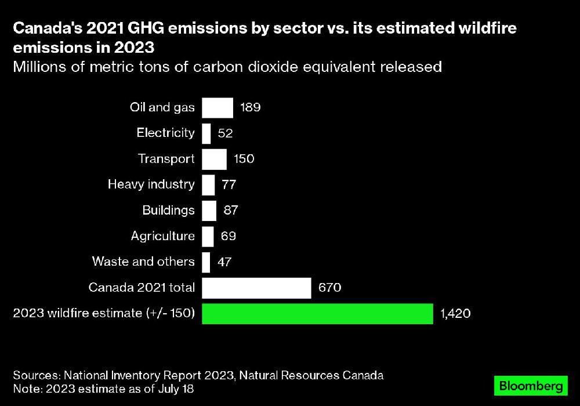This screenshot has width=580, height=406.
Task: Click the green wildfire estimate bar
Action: [x=317, y=314]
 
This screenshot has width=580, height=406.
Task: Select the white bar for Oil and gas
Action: [x=217, y=108]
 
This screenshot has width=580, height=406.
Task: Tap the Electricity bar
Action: [x=206, y=133]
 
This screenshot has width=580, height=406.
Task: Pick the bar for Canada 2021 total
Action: [x=256, y=288]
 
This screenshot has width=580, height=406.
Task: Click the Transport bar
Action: [x=214, y=159]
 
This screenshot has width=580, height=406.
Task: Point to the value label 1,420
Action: [x=455, y=314]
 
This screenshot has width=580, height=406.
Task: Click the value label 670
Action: [x=329, y=288]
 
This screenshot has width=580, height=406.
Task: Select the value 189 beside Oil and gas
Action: [x=251, y=108]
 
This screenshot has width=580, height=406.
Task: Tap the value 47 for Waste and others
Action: [x=224, y=262]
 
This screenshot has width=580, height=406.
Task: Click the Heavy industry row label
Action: [x=151, y=184]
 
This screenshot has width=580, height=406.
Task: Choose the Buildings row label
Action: [x=168, y=210]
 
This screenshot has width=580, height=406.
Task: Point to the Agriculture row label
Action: [x=162, y=236]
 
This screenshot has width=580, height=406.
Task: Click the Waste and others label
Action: [x=143, y=262]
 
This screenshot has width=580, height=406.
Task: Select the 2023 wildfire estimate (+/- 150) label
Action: [x=104, y=314]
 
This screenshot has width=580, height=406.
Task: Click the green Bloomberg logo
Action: [x=530, y=385]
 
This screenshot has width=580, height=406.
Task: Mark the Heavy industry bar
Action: [x=208, y=185]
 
